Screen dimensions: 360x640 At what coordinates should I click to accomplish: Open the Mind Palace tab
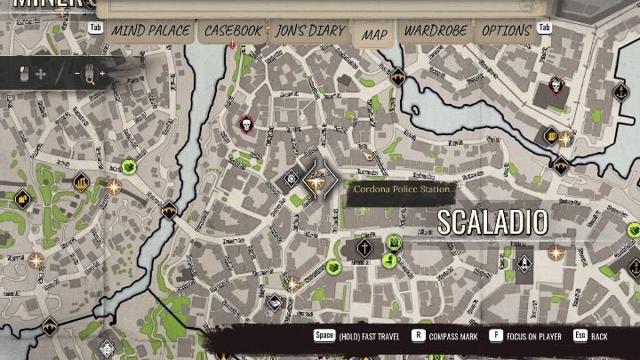click(148, 31)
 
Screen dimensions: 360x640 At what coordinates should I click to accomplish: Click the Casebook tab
click(234, 31)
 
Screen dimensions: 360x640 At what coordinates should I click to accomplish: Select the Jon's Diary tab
click(309, 31)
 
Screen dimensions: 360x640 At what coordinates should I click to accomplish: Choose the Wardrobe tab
click(436, 31)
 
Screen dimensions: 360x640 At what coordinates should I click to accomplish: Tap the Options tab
click(506, 31)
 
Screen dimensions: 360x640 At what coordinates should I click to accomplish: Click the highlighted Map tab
click(374, 35)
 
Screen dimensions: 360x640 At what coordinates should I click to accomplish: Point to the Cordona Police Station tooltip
click(401, 189)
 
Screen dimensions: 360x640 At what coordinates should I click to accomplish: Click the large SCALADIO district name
click(493, 222)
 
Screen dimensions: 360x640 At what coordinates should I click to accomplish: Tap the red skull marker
click(246, 126)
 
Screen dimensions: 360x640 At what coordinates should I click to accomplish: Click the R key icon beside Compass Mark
click(417, 337)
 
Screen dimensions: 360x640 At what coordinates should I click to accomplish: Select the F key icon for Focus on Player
click(497, 337)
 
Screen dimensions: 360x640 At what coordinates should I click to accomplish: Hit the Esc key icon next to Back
click(580, 337)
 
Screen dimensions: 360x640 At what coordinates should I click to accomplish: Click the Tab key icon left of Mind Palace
click(96, 28)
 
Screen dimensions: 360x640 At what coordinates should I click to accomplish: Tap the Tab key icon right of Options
click(543, 28)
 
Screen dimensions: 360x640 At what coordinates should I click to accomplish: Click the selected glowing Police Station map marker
click(314, 180)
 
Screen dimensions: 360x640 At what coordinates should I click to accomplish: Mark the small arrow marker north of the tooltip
click(369, 155)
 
